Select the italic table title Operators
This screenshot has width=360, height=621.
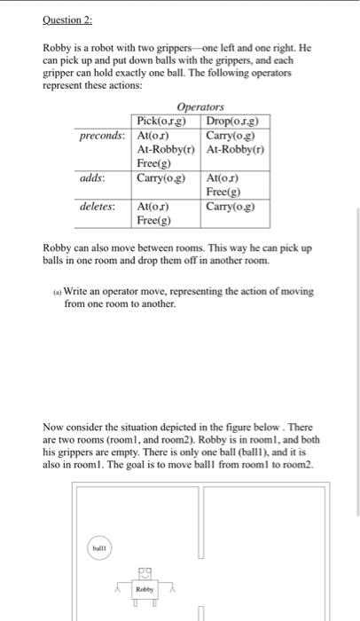[200, 106]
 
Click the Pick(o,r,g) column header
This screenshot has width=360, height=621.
[167, 121]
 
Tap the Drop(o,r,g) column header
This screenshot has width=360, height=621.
[237, 121]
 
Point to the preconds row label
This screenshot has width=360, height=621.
[102, 136]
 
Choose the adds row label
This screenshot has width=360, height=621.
[93, 178]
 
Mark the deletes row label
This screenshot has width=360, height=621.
[98, 206]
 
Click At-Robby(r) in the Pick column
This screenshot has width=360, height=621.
[167, 149]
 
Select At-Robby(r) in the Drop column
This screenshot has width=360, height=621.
[236, 149]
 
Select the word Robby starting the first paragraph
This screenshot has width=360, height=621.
[58, 44]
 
